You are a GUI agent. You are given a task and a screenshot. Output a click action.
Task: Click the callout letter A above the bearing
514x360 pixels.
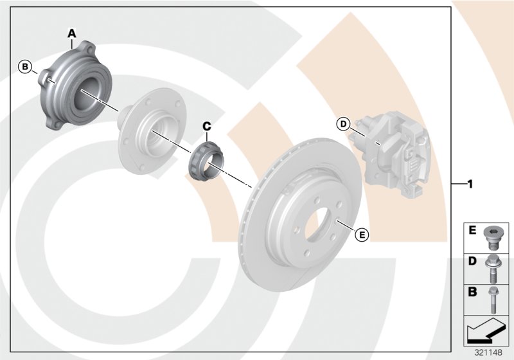[x=72, y=32]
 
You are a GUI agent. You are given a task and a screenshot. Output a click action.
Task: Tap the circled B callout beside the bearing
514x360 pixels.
[x=25, y=66]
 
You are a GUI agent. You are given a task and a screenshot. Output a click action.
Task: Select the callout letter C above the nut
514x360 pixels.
[x=207, y=127]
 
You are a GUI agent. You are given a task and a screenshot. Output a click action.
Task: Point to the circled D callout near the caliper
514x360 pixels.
[x=343, y=123]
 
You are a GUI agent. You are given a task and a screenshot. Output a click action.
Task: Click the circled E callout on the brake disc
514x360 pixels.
[x=362, y=235]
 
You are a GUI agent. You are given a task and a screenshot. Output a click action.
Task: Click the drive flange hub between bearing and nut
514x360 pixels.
[x=144, y=131]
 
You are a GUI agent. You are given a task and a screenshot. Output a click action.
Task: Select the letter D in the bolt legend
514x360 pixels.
[x=472, y=262]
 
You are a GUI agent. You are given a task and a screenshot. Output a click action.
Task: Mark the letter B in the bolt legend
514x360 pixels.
[x=472, y=292]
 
